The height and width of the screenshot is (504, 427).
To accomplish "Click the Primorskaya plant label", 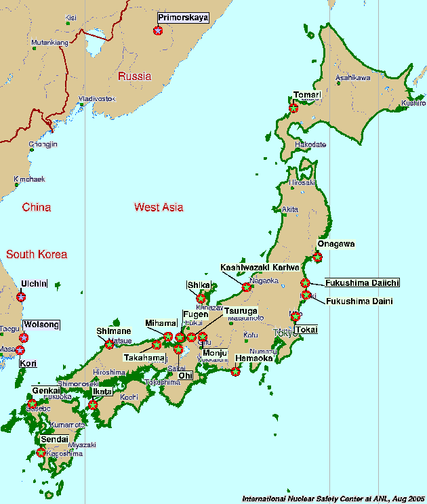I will (x=182, y=18).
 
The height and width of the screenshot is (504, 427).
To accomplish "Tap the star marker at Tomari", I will (x=293, y=108).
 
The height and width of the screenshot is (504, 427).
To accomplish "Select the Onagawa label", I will (x=335, y=244).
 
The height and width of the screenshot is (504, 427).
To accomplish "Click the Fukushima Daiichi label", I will (x=362, y=282).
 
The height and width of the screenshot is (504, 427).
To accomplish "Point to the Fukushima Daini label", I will (x=359, y=301).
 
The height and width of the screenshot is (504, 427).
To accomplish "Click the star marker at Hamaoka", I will (x=235, y=371).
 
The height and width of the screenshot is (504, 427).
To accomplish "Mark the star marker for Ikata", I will (x=93, y=405).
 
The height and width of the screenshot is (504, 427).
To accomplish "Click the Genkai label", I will (x=44, y=392).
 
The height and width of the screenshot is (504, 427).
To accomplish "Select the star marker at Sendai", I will (x=41, y=452).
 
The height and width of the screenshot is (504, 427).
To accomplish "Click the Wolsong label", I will (x=41, y=325).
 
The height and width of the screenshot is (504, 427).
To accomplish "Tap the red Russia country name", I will (x=134, y=77).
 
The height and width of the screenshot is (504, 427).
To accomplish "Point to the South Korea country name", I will (x=37, y=255).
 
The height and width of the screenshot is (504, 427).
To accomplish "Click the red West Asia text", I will (x=159, y=207).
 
